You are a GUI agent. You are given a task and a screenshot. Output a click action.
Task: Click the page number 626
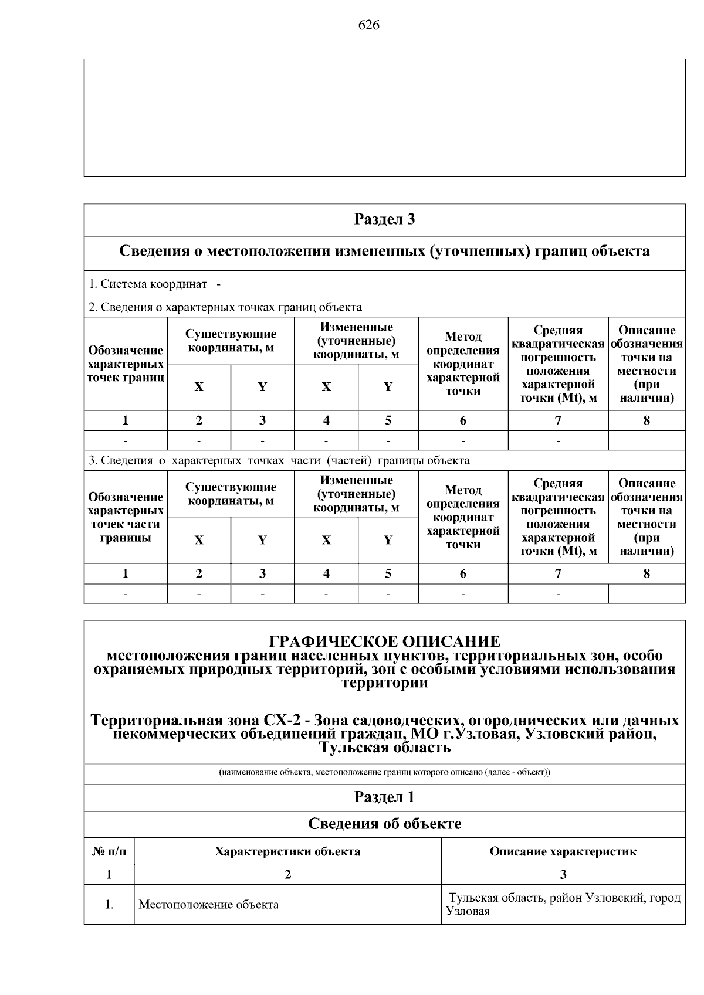tap(368, 25)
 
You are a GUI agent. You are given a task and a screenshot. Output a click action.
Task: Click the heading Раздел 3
tap(384, 219)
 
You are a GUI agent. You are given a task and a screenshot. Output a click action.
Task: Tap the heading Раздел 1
tap(384, 797)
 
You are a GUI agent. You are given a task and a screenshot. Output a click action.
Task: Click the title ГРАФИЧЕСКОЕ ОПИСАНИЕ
tap(384, 641)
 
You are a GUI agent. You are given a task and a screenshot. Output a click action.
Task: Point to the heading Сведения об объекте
tap(384, 824)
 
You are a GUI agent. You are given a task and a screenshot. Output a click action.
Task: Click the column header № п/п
tap(109, 851)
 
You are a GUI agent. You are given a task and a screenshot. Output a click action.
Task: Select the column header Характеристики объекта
tap(287, 851)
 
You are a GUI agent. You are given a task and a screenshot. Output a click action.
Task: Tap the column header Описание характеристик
tap(563, 851)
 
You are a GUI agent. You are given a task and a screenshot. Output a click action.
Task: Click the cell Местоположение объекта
tap(209, 904)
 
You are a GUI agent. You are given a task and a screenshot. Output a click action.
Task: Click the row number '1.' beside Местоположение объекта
tap(109, 904)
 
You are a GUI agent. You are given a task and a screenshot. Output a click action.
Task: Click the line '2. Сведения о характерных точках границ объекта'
tap(225, 307)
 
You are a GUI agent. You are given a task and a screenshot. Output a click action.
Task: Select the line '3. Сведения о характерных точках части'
tap(279, 460)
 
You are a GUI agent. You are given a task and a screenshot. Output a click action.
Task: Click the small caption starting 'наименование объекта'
tap(384, 772)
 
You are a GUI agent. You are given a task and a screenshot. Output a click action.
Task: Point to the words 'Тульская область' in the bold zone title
tap(384, 748)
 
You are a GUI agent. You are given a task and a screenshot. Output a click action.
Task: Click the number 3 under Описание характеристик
tap(563, 875)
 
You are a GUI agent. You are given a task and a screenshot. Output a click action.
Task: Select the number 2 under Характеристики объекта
tap(287, 875)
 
